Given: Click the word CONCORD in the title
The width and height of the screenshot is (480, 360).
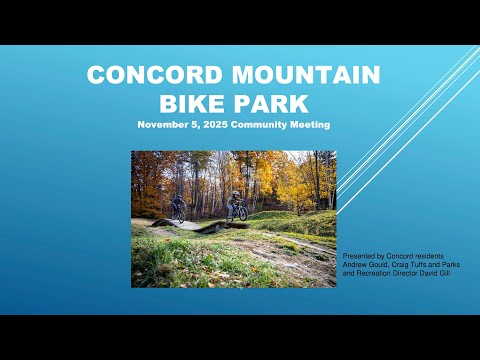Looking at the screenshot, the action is (154, 74).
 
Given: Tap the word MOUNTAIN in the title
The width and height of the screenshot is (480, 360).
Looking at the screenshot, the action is (306, 74).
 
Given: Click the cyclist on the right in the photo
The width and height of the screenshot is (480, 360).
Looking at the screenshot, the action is (237, 207).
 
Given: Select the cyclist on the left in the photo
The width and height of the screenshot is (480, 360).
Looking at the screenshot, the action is (178, 208).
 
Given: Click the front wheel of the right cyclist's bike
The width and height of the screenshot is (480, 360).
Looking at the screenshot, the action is (243, 214).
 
